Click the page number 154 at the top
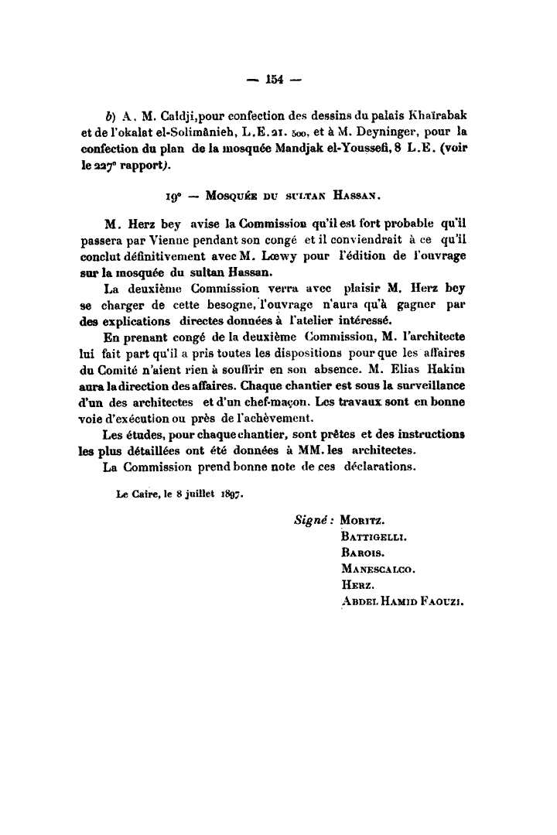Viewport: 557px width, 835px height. point(276,78)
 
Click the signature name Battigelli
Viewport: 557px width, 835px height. point(374,535)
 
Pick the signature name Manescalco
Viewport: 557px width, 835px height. point(378,569)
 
